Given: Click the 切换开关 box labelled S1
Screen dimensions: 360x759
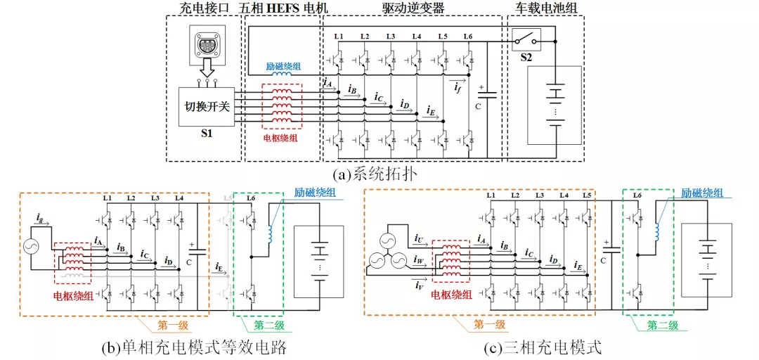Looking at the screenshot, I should [207, 107].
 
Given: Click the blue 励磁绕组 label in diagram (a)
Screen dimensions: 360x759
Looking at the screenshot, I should [283, 66].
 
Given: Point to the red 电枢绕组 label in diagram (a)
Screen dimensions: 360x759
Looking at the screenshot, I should [280, 138].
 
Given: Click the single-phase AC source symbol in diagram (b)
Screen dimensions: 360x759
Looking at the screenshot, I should [32, 247].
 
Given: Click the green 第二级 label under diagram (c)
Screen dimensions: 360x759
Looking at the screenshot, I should [662, 325].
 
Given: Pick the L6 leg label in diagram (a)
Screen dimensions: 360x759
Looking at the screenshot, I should [468, 36].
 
